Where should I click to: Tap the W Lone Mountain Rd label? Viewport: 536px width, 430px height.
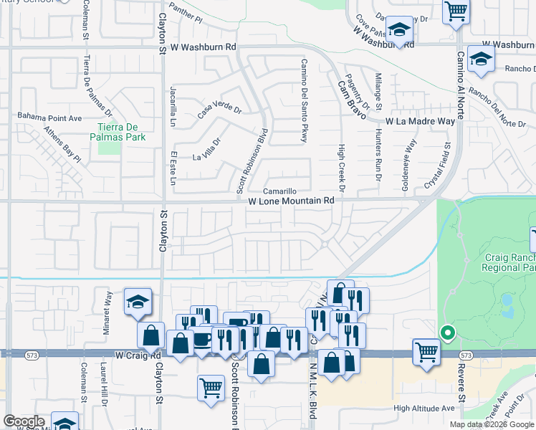pos(292,202)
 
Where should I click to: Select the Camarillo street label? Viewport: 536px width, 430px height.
pos(279,192)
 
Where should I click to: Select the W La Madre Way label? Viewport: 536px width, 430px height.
pos(421,122)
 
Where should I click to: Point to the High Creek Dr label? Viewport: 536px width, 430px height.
pos(342,169)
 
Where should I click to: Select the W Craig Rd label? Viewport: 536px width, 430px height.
pos(138,355)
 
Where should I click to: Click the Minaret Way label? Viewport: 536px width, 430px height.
pos(109,307)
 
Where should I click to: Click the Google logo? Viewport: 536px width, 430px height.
pos(24,421)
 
